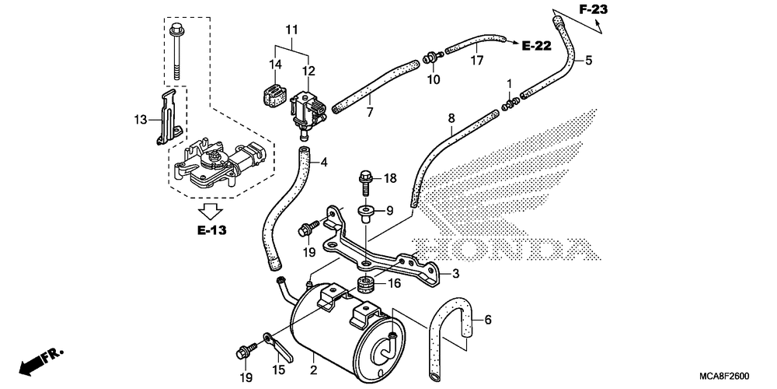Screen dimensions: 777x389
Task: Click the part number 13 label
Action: [140, 120]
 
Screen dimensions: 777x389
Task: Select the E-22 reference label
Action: [537, 46]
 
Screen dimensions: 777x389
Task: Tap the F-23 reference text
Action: [593, 9]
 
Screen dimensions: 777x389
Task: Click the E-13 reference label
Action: [211, 230]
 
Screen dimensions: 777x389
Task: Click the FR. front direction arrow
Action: [42, 361]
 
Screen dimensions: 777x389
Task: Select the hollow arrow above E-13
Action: [211, 211]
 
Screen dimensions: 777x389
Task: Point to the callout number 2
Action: [313, 370]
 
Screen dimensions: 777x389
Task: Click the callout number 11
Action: [292, 30]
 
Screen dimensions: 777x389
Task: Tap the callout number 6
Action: [488, 320]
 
